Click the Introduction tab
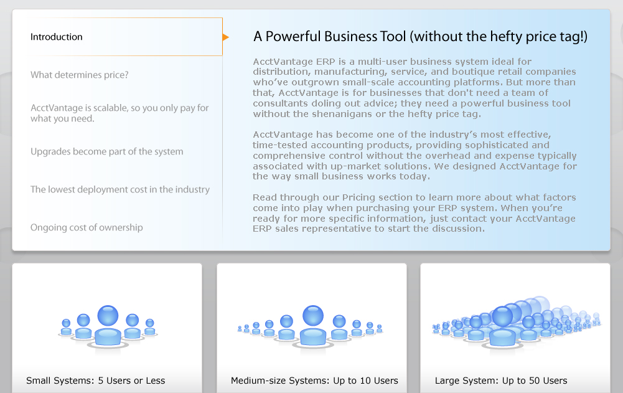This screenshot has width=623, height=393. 57,37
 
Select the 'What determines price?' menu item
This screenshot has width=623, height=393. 80,75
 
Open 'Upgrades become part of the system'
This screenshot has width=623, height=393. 107,151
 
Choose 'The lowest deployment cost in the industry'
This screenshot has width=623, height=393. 120,189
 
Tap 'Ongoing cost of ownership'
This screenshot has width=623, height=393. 87,227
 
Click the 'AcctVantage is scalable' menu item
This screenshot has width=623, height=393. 119,113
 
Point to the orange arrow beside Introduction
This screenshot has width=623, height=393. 226,37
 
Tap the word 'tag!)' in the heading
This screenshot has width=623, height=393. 573,37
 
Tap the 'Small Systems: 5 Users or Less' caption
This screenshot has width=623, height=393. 95,381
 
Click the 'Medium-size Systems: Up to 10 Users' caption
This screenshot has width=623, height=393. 314,381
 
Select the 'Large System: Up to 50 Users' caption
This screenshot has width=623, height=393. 501,381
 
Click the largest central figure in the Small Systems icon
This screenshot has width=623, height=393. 108,326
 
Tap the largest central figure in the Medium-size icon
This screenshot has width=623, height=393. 313,325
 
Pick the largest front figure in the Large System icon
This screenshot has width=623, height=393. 503,326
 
